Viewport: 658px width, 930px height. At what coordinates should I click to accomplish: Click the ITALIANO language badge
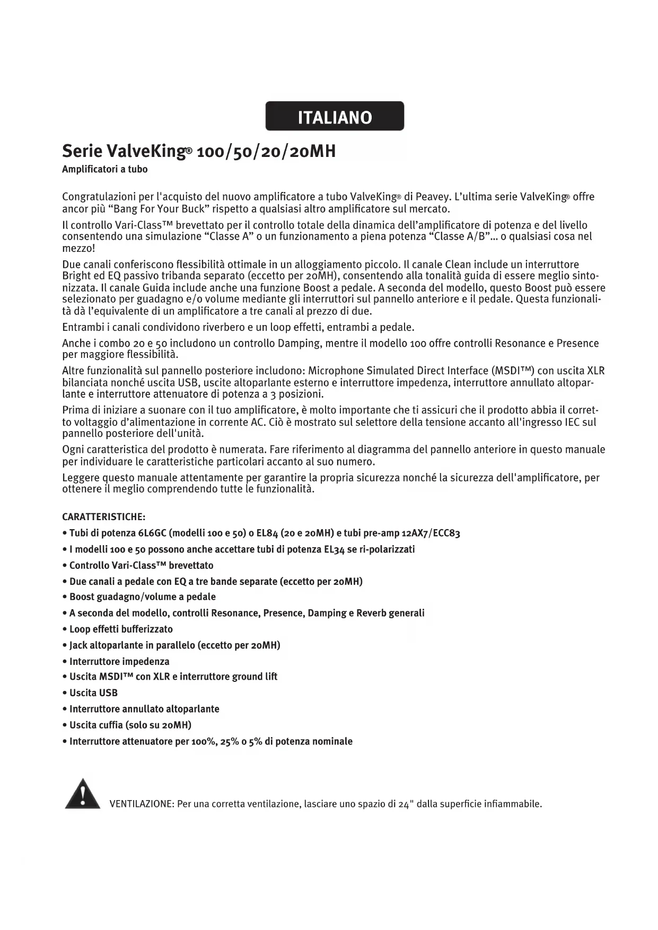[335, 116]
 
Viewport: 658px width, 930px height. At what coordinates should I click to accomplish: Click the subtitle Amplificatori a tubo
[105, 170]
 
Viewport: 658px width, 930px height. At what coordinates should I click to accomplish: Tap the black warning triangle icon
[83, 794]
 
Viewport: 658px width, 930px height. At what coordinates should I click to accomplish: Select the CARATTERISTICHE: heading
[104, 517]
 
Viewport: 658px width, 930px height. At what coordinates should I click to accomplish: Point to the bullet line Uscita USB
[93, 693]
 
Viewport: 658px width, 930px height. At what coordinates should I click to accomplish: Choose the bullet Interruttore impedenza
[119, 662]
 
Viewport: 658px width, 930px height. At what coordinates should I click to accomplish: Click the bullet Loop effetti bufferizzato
[121, 629]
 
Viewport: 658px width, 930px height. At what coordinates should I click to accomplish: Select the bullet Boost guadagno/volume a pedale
[142, 597]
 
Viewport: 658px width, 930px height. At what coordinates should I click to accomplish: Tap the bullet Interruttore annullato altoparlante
[144, 709]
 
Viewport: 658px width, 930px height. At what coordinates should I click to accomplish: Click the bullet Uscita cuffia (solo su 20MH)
[130, 725]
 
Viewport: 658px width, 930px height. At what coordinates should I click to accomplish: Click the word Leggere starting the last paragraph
[81, 478]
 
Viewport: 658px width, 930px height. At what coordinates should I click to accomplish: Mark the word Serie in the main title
[82, 152]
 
